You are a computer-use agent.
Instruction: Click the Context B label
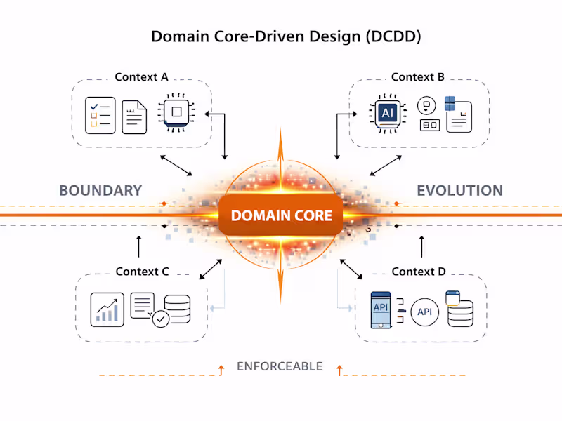tap(417, 76)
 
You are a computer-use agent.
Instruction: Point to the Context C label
tap(142, 272)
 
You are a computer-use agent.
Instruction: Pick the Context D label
tap(419, 272)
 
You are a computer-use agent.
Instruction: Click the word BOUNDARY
tap(100, 190)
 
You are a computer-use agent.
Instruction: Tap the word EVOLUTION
tap(459, 190)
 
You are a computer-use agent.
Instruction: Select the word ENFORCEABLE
tap(280, 366)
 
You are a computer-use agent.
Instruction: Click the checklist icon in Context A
tap(100, 116)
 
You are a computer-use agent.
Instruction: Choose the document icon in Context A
tap(134, 116)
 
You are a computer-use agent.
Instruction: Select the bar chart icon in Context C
tap(107, 308)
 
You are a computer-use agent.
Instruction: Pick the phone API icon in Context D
tap(380, 309)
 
